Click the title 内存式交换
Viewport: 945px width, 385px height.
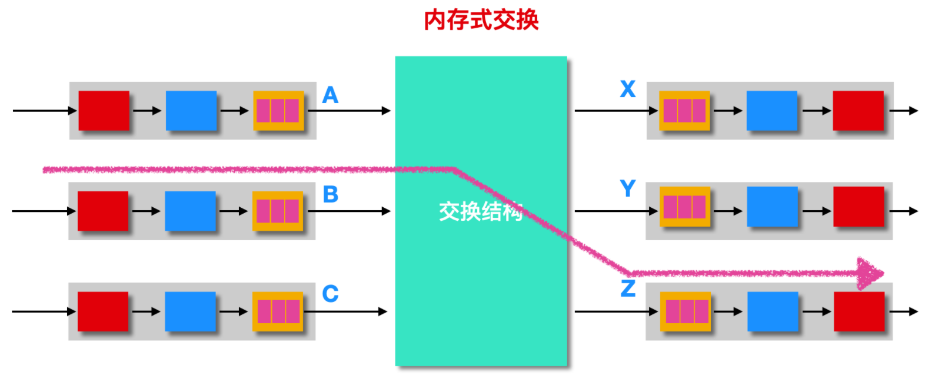pyautogui.click(x=481, y=20)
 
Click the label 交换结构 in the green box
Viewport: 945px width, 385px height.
pyautogui.click(x=481, y=211)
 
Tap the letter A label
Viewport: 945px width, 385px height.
pyautogui.click(x=330, y=95)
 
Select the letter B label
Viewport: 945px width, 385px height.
pyautogui.click(x=330, y=194)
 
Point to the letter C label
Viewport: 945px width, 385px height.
pyautogui.click(x=330, y=293)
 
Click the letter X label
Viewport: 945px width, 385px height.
pyautogui.click(x=628, y=89)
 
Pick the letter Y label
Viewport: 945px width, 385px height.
pyautogui.click(x=628, y=188)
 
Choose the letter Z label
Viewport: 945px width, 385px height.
pyautogui.click(x=628, y=288)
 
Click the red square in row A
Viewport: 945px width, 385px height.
pyautogui.click(x=104, y=111)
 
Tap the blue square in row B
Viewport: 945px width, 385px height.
pyautogui.click(x=190, y=211)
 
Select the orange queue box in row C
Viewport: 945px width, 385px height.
pyautogui.click(x=278, y=311)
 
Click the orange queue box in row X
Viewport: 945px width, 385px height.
pyautogui.click(x=684, y=111)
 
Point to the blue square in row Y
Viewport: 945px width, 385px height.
pyautogui.click(x=772, y=207)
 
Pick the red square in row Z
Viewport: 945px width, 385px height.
pyautogui.click(x=859, y=311)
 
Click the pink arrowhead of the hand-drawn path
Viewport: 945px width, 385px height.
pyautogui.click(x=870, y=273)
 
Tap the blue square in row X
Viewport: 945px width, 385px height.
pyautogui.click(x=772, y=111)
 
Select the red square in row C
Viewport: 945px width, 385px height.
pyautogui.click(x=103, y=311)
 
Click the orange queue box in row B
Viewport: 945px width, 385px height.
pyautogui.click(x=278, y=211)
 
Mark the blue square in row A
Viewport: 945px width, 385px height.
pyautogui.click(x=191, y=111)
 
